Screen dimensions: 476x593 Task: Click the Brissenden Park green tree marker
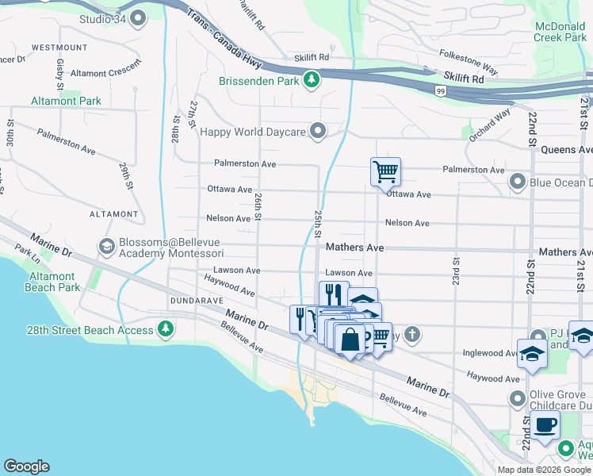[312, 80]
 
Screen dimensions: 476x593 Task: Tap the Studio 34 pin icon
[139, 17]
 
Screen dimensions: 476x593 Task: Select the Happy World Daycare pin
[319, 131]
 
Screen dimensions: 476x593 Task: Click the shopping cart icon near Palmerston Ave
[385, 171]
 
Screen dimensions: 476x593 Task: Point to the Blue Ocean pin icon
[518, 182]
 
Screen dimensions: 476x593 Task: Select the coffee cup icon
[545, 425]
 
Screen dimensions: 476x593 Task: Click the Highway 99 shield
[440, 91]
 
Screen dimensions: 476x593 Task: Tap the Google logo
[26, 466]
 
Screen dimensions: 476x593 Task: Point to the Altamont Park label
[66, 101]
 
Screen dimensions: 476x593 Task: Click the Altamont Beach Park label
[53, 282]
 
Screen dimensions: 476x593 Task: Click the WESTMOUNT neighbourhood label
[60, 48]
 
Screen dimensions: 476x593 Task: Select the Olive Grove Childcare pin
[518, 397]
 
